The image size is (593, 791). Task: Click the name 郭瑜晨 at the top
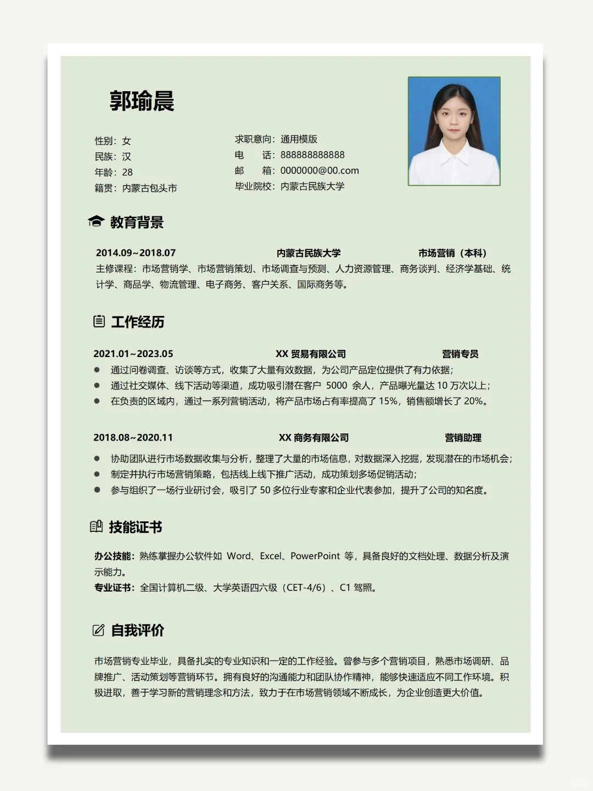tap(142, 101)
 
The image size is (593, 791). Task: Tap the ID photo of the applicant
tap(454, 131)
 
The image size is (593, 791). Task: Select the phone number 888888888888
tap(312, 155)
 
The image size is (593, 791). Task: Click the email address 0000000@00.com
tap(320, 171)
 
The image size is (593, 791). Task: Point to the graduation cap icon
tap(96, 221)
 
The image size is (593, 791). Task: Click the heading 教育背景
tap(137, 222)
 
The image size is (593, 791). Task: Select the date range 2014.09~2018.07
tap(136, 253)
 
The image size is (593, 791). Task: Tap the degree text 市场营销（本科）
tap(452, 253)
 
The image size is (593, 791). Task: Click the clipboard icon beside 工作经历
tap(99, 321)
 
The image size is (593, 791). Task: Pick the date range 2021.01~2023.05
tap(133, 354)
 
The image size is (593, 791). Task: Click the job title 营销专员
tap(460, 354)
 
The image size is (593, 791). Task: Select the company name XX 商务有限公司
tap(314, 438)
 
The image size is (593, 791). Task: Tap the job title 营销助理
tap(463, 438)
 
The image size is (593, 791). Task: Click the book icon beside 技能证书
tap(96, 527)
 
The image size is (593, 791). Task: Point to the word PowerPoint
tap(315, 556)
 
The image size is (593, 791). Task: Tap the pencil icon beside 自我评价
tap(98, 630)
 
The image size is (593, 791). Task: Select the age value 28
tap(127, 172)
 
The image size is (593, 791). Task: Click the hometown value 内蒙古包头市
tap(149, 188)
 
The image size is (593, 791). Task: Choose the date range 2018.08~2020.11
tap(133, 438)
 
